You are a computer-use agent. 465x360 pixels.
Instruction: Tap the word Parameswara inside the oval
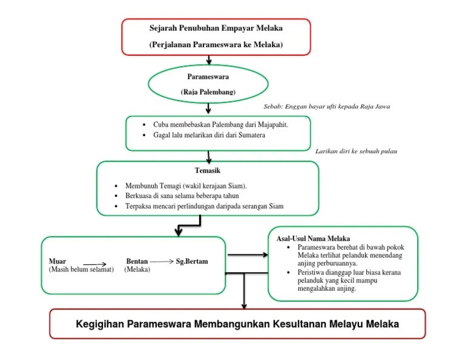tap(208, 77)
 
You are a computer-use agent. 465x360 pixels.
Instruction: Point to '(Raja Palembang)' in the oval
tap(208, 92)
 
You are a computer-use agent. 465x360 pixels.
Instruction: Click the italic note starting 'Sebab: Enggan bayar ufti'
tap(327, 107)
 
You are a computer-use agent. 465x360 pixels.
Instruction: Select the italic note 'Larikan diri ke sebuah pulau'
tap(357, 151)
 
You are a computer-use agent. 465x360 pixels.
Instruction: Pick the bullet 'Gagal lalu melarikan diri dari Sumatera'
tap(209, 135)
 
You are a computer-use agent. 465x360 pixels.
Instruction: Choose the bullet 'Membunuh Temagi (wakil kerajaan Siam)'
tap(185, 185)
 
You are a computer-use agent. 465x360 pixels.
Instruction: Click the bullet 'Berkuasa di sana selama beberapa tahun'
tap(182, 196)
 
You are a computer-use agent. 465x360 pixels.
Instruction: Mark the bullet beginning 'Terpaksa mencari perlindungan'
tap(204, 207)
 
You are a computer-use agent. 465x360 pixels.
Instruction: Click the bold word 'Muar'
tap(58, 261)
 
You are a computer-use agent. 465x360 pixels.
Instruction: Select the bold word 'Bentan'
tap(137, 261)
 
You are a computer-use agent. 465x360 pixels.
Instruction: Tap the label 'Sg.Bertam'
tap(192, 261)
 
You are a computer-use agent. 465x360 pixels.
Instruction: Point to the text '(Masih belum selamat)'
tap(81, 269)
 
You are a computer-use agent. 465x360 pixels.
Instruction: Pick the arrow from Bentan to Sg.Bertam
tap(162, 261)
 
